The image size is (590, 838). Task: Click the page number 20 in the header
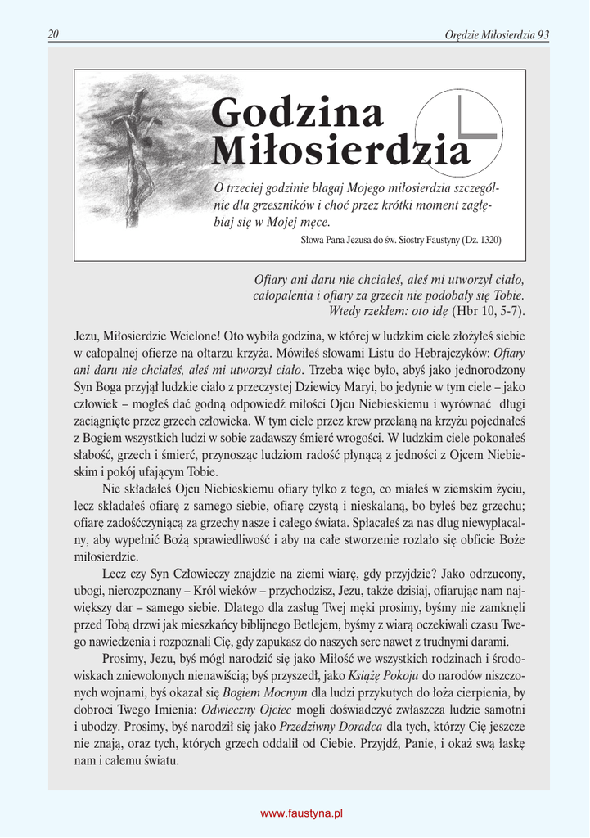(x=53, y=34)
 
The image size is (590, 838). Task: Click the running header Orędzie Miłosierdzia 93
(x=496, y=34)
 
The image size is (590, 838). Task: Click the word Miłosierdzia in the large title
(x=340, y=150)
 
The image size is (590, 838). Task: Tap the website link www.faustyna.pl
(x=301, y=813)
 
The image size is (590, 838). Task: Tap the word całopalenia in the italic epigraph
(x=288, y=295)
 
